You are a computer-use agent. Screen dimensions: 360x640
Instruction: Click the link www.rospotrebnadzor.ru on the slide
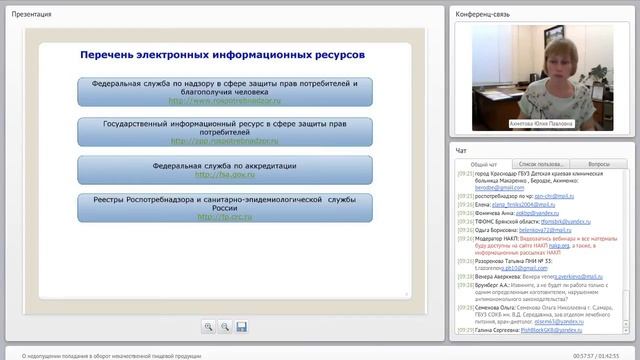point(224,101)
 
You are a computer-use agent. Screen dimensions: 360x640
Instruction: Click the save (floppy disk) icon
point(241,326)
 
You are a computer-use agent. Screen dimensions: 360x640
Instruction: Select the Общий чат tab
point(484,163)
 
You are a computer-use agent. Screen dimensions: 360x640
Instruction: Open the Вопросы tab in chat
point(599,163)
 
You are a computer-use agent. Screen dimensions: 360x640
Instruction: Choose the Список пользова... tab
point(542,163)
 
